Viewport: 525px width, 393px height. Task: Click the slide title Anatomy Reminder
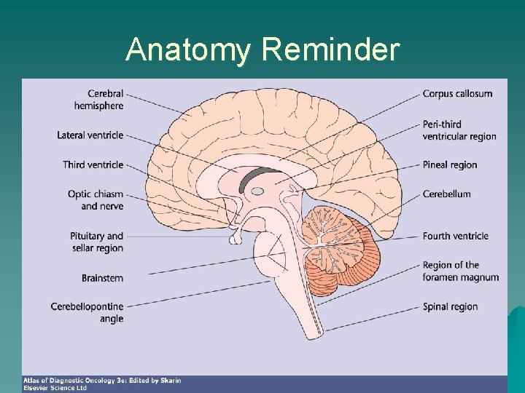[262, 50]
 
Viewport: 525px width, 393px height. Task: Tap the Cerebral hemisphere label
[98, 100]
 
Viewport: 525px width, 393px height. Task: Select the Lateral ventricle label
[90, 135]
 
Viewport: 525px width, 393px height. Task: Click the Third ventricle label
[93, 164]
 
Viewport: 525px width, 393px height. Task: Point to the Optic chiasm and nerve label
[96, 200]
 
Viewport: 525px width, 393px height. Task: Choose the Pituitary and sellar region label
[98, 242]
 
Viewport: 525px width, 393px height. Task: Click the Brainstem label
[102, 278]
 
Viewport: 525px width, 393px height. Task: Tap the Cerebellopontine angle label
[87, 312]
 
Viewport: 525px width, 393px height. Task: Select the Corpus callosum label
[457, 94]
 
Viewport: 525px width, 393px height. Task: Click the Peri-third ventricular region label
[459, 130]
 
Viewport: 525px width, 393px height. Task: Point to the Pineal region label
[449, 165]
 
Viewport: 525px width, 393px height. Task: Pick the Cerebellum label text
[446, 194]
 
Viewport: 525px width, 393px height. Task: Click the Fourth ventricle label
[455, 236]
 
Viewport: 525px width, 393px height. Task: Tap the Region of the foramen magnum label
[460, 271]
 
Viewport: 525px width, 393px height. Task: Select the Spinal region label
[450, 306]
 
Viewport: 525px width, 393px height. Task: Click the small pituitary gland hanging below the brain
[235, 237]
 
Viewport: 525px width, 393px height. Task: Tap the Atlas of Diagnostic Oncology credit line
[102, 381]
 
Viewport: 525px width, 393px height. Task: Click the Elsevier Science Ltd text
[55, 388]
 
